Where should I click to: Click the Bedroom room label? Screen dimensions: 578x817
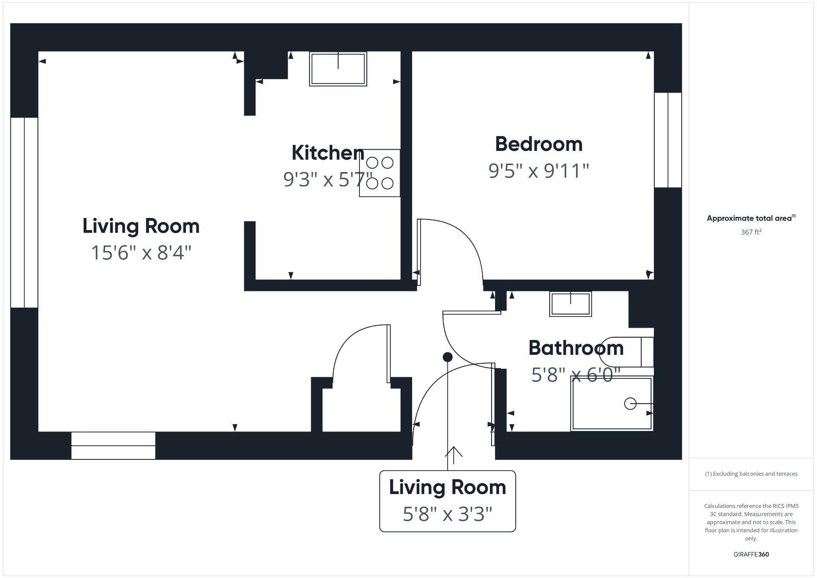coord(539,144)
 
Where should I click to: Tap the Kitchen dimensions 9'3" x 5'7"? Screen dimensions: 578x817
coord(327,179)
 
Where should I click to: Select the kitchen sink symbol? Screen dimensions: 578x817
coord(338,69)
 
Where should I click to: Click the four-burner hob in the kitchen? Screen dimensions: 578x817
coord(379,173)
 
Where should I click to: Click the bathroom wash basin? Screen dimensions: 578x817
coord(570,304)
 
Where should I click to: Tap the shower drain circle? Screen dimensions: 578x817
coord(630,404)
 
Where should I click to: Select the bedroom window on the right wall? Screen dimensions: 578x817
coord(668,140)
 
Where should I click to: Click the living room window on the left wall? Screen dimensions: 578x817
coord(24,212)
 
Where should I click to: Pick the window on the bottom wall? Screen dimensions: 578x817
coord(113,445)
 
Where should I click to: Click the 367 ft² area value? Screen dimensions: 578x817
coord(751,232)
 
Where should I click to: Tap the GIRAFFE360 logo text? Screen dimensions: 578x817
coord(751,554)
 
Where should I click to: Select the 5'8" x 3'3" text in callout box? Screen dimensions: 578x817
coord(447,514)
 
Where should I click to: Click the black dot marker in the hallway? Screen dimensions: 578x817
coord(448,357)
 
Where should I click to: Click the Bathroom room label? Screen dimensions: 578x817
coord(576,348)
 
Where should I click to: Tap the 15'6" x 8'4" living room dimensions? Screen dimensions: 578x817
coord(141,253)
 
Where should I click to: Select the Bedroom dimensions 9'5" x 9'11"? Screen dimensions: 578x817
coord(539,171)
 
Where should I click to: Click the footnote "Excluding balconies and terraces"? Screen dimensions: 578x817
coord(751,474)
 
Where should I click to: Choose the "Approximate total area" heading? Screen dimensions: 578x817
coord(750,218)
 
